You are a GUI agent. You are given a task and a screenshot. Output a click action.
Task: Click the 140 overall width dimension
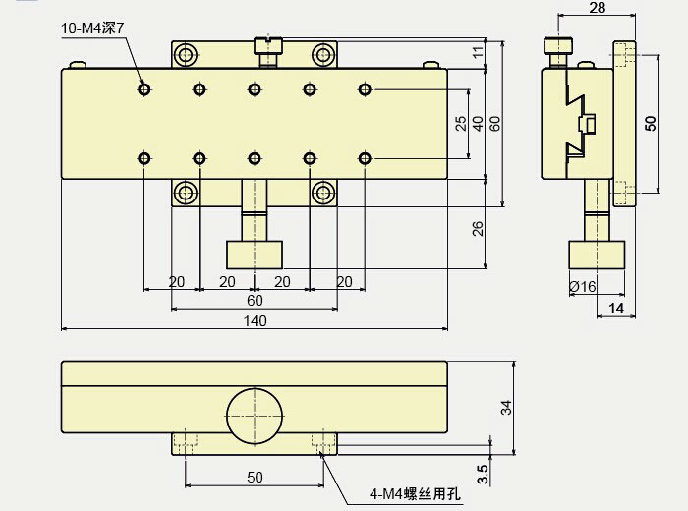click(255, 320)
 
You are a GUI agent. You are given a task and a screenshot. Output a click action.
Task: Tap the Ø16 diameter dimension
click(583, 287)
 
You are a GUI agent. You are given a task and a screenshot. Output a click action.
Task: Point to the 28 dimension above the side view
click(597, 8)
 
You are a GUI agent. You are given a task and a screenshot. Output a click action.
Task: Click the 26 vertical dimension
click(478, 228)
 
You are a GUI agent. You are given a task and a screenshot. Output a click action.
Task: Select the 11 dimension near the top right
click(478, 53)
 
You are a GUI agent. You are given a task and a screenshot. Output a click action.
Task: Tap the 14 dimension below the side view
click(616, 310)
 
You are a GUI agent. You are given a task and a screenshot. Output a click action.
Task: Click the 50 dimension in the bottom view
click(255, 477)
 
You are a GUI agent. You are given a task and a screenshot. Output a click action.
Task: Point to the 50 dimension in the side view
click(650, 123)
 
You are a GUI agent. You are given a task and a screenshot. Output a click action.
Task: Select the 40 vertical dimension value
click(478, 124)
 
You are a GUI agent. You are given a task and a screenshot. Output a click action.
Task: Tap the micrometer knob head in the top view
click(255, 255)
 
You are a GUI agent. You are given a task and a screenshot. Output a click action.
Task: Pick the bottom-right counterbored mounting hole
click(323, 192)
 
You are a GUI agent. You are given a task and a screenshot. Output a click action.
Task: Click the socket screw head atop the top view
click(266, 44)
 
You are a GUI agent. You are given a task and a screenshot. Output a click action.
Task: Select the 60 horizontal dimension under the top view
click(255, 301)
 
